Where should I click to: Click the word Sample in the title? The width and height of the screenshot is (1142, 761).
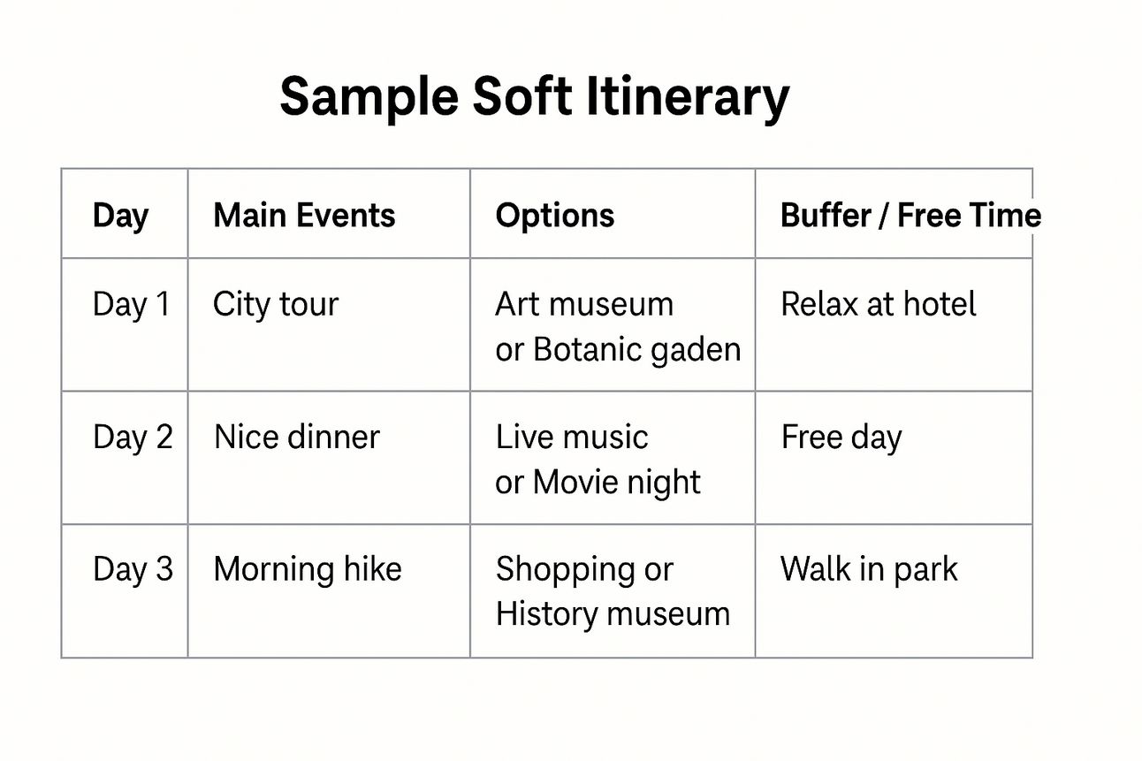click(x=369, y=97)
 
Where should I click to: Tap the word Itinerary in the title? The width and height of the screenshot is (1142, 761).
click(x=688, y=97)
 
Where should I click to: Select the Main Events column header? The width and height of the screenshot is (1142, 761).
click(x=304, y=215)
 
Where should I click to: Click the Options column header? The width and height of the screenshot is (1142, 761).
click(x=555, y=216)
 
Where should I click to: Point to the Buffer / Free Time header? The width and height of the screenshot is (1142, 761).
click(x=910, y=215)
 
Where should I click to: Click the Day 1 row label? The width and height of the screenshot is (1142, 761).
click(x=131, y=304)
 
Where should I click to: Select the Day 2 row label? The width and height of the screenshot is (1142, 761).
click(x=133, y=437)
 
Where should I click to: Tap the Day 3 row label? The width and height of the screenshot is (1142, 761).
click(x=133, y=569)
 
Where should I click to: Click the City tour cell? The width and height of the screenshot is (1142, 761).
click(x=276, y=304)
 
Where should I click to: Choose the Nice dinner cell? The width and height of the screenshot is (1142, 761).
click(x=297, y=437)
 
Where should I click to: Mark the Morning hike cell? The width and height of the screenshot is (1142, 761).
click(x=308, y=569)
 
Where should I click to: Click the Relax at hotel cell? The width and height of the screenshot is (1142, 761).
click(x=878, y=304)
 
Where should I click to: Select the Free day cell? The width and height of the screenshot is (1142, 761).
click(x=841, y=438)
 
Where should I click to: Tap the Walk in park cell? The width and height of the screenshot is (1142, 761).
click(x=869, y=569)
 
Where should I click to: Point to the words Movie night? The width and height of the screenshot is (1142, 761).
click(x=616, y=483)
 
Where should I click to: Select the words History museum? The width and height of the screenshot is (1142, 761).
click(x=613, y=613)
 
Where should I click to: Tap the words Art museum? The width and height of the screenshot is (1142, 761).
click(x=584, y=304)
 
